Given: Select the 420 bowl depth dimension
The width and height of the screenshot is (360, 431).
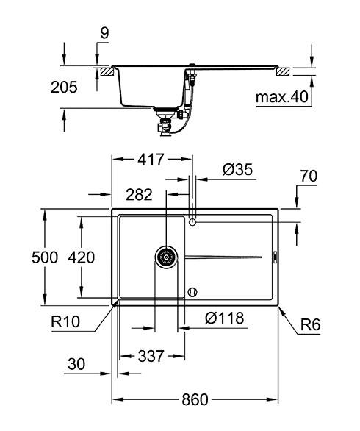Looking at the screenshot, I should [x=82, y=257].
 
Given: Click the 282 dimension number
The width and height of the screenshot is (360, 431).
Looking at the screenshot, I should [x=139, y=194].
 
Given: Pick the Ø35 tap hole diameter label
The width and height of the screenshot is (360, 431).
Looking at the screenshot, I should [x=237, y=170].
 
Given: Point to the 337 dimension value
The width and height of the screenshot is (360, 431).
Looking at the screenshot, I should [x=151, y=356].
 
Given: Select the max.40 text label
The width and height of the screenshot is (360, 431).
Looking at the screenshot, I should [x=280, y=96].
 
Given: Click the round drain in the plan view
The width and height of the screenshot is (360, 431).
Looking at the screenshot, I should [x=167, y=257].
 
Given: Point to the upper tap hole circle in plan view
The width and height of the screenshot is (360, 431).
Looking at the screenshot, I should [x=192, y=221].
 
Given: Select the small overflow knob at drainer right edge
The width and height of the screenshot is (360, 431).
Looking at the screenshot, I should [x=274, y=257].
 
